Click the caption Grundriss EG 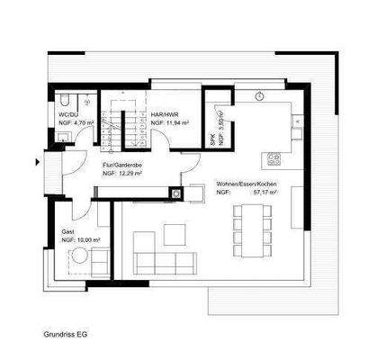67,334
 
